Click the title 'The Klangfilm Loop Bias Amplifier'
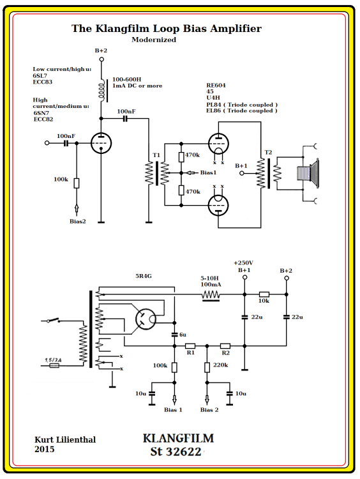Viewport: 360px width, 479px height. (166, 29)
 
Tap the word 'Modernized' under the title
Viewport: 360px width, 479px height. (154, 40)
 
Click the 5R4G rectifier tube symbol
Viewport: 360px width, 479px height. (146, 319)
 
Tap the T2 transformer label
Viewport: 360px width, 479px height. (268, 152)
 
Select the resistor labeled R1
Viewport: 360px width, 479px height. (190, 346)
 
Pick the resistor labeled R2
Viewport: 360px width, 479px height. (225, 346)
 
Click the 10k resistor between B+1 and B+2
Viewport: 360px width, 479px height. (264, 294)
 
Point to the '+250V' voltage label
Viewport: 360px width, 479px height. (244, 262)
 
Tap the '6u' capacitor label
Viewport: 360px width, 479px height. (183, 335)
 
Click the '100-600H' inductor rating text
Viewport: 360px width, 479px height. (128, 78)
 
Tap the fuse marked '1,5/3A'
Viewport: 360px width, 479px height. (54, 365)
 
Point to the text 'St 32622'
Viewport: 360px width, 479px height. (176, 452)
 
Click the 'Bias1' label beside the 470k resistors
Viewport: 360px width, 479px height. (208, 172)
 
